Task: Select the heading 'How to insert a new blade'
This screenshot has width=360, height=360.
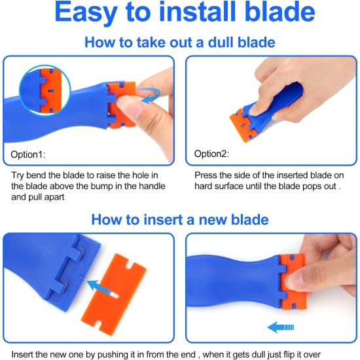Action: point(180,219)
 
